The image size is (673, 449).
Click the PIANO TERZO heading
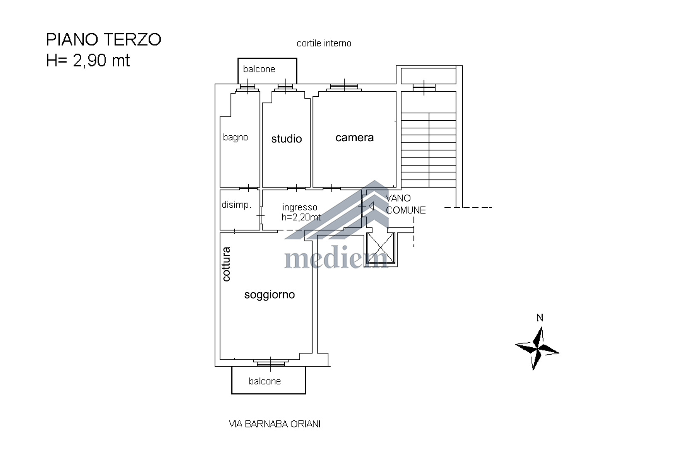(103, 40)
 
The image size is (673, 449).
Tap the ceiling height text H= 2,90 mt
(88, 61)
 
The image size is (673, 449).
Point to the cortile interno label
(324, 44)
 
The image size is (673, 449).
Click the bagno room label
(235, 137)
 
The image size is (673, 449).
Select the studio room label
(286, 139)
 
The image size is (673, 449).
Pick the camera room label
(355, 137)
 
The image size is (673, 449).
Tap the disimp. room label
(236, 205)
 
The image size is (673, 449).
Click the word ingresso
(299, 207)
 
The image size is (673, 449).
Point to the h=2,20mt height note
(301, 217)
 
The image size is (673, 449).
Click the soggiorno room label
(270, 295)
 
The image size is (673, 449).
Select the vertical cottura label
(226, 264)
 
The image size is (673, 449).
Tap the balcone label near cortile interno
(259, 69)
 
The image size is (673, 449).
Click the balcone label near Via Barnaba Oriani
(265, 381)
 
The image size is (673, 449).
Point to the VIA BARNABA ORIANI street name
(275, 424)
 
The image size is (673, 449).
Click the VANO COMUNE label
(405, 204)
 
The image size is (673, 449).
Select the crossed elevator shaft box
(381, 248)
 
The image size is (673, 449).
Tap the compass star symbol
(537, 348)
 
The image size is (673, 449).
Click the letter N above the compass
(540, 318)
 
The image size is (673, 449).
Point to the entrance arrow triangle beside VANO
(371, 206)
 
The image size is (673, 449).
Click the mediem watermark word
(336, 257)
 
